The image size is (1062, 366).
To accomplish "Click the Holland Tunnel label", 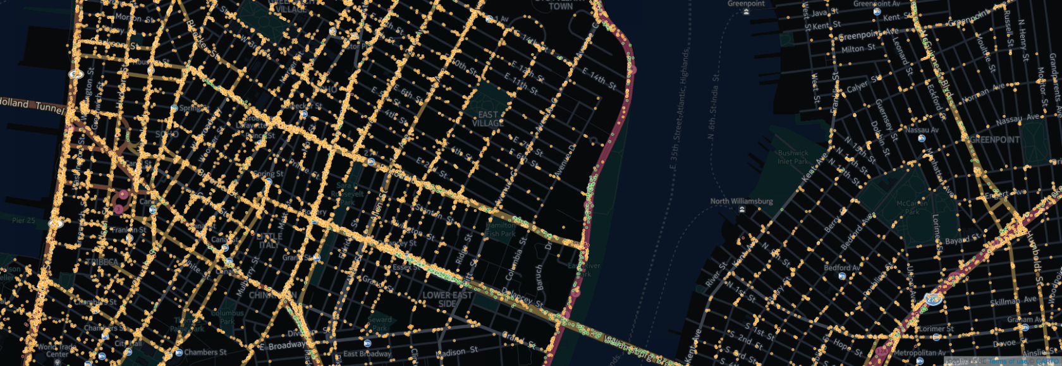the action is click(x=32, y=105).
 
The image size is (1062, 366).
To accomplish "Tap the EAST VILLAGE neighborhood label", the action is click(x=488, y=119).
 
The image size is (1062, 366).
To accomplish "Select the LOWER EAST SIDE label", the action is click(x=447, y=299).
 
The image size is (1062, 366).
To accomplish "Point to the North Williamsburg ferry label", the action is click(x=742, y=202).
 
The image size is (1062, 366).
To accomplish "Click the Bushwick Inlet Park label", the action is click(x=793, y=157).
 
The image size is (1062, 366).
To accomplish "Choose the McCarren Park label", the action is click(x=912, y=207).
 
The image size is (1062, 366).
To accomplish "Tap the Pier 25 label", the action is click(x=23, y=220).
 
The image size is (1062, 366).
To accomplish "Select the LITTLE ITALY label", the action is click(x=269, y=240).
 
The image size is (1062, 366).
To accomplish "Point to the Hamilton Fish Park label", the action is click(x=501, y=229).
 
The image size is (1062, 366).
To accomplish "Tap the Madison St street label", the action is click(x=456, y=352).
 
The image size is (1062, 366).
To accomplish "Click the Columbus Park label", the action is click(x=227, y=317).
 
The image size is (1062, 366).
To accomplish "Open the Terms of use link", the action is click(x=1008, y=362).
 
